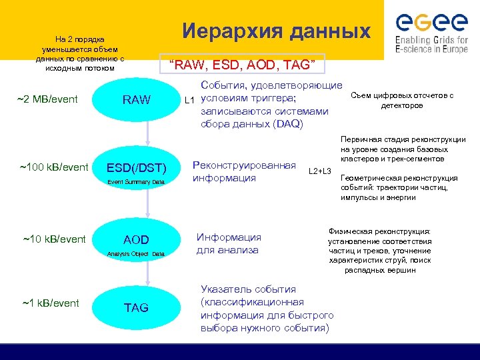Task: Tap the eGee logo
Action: click(431, 31)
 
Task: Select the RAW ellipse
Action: click(136, 100)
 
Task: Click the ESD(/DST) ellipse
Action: click(136, 169)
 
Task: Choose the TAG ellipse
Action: click(136, 307)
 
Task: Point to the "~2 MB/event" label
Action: click(47, 100)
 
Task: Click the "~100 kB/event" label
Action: click(54, 167)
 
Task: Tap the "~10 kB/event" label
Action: click(54, 239)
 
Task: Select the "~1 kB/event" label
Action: click(51, 303)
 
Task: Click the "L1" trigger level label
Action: click(189, 101)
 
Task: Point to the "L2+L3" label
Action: click(320, 172)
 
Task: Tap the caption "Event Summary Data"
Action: click(136, 182)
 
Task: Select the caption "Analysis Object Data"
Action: click(136, 254)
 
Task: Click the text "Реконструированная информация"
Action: click(243, 171)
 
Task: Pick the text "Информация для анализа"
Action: click(228, 243)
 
